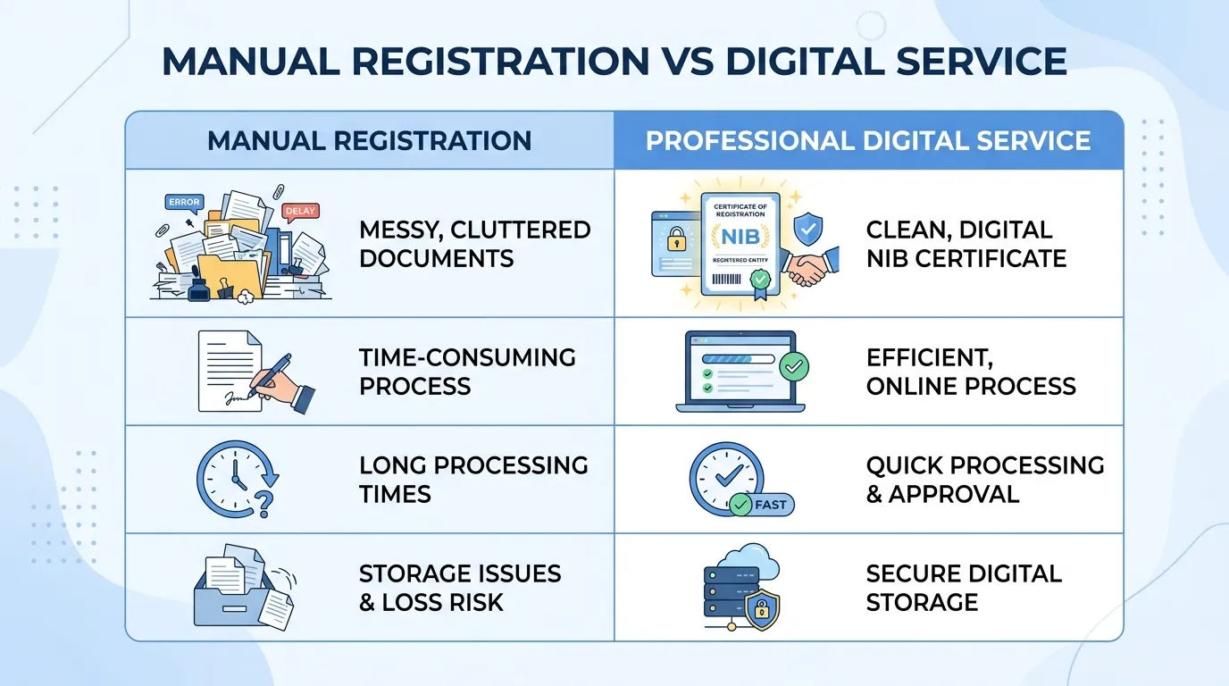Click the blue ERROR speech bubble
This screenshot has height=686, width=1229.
184,203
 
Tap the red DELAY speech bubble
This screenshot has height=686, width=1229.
300,212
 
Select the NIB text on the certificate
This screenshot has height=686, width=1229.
740,237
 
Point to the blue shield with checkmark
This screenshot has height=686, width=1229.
808,229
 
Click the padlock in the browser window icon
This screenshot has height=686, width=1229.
676,239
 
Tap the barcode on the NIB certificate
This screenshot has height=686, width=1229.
726,280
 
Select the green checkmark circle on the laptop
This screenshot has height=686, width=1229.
794,366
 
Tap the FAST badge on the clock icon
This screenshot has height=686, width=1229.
762,505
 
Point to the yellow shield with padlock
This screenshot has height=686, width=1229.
762,610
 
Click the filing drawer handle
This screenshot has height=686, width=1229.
234,608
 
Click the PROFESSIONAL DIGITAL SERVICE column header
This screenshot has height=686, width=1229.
868,140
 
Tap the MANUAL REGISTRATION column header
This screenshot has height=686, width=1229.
369,140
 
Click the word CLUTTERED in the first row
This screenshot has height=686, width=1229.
521,230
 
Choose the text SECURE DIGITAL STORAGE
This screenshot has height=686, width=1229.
964,588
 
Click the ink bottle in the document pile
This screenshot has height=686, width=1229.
198,288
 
